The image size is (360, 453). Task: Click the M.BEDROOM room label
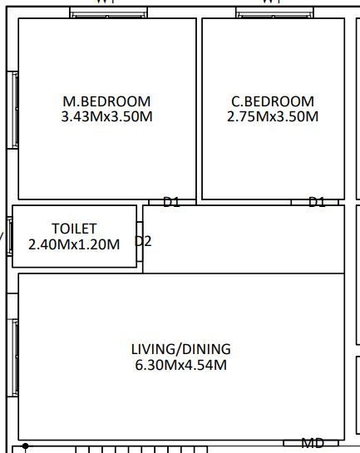[106, 101]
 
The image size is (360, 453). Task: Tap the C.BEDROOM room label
[273, 101]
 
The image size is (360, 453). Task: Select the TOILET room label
[74, 228]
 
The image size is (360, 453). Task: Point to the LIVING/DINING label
[180, 349]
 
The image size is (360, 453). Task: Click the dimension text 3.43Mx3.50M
[106, 116]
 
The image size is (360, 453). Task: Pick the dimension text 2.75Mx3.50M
[273, 116]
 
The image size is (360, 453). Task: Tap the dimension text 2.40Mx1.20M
[74, 244]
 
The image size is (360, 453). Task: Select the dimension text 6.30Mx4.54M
[180, 365]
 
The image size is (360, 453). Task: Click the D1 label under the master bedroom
[171, 202]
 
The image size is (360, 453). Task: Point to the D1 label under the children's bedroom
[317, 202]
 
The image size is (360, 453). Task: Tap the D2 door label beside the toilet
[143, 241]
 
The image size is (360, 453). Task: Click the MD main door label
[313, 443]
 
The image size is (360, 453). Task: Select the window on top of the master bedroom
[108, 13]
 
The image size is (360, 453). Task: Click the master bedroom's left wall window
[13, 110]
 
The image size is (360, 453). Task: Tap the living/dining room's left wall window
[13, 356]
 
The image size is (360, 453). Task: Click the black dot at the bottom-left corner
[26, 446]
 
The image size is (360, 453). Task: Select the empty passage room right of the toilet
[243, 239]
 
